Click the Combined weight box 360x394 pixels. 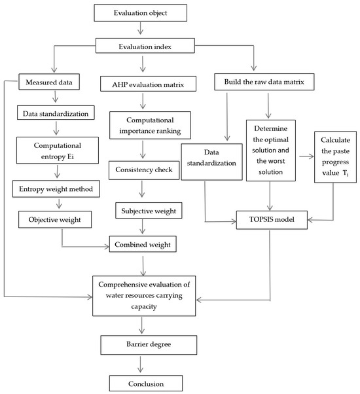coord(143,244)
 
